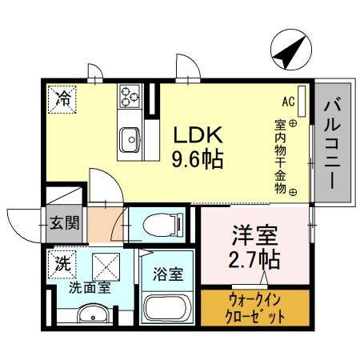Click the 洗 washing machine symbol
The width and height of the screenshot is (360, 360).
[62, 262]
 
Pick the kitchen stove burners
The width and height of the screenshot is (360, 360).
[130, 97]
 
